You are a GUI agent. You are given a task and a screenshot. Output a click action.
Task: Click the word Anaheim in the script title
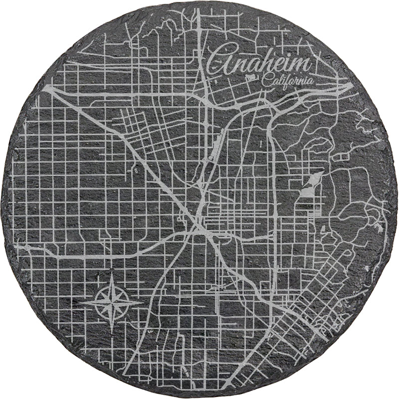(259, 63)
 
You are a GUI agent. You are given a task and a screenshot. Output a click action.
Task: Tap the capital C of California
(264, 80)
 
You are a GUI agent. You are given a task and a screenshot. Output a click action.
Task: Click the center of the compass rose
(111, 301)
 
